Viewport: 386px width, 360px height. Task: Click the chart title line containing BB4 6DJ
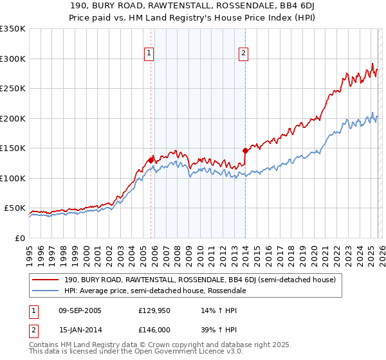(x=193, y=6)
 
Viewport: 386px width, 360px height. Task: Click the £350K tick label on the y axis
(x=13, y=29)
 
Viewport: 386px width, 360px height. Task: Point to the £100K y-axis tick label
(x=13, y=178)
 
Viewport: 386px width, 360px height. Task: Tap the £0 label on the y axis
(x=19, y=238)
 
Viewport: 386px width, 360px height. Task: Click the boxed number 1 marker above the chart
(x=149, y=54)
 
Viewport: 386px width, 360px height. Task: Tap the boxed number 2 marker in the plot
(x=244, y=54)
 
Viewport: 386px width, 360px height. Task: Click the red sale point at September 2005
(x=151, y=160)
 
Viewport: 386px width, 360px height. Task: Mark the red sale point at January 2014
(x=245, y=150)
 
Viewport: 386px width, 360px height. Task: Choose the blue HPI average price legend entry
(x=154, y=291)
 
